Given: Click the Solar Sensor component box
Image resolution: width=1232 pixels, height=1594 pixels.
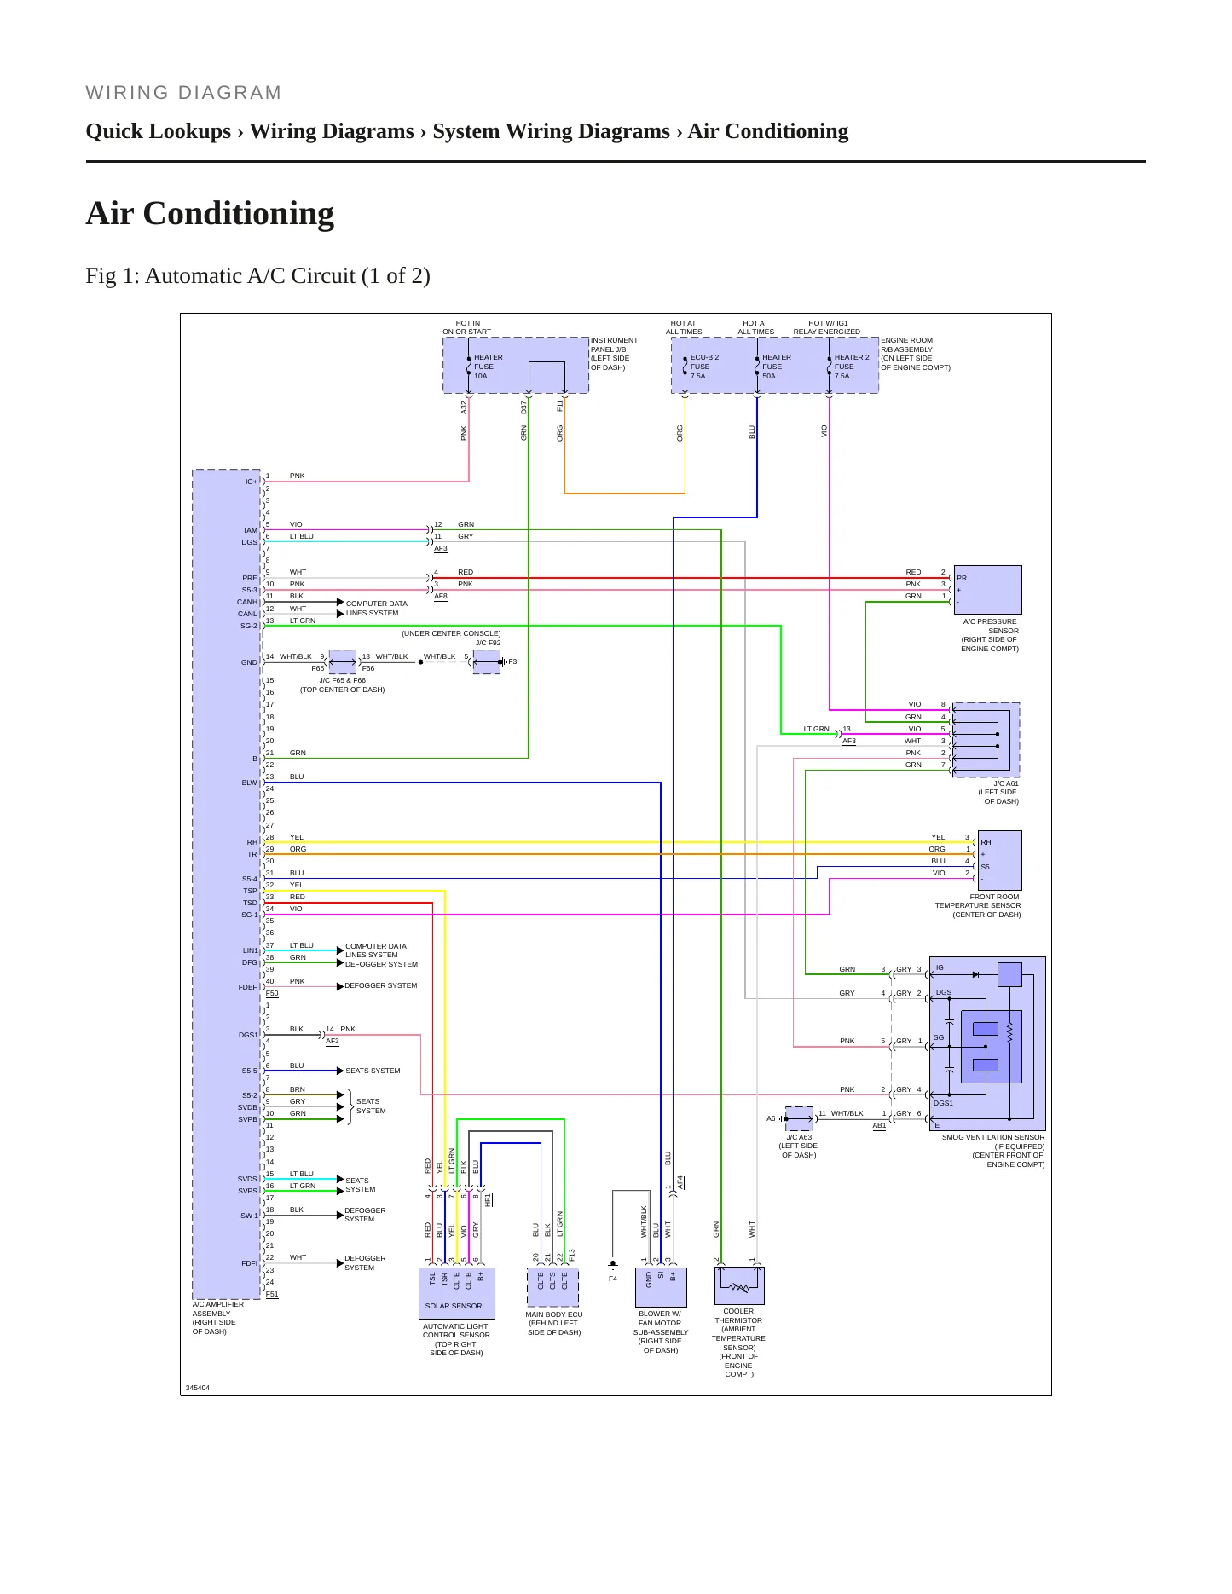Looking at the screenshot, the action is coord(457,1293).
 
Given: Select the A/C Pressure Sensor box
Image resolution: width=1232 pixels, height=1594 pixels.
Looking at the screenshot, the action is coord(987,590).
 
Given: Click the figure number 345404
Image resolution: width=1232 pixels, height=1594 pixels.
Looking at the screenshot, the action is coord(198,1388).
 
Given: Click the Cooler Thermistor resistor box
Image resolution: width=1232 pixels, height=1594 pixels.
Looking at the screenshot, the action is coord(739,1285).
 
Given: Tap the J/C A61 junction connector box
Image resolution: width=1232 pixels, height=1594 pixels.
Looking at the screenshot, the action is coord(986,740).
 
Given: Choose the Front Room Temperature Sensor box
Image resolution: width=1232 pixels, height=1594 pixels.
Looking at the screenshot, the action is coord(999,860).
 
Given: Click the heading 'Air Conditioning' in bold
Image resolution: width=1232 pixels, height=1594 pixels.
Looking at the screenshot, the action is coord(210,213).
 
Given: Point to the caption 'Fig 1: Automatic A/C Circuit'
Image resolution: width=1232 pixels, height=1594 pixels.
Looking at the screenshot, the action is coord(257,276).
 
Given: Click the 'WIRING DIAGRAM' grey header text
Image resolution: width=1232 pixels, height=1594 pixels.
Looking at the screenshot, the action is coord(183,93).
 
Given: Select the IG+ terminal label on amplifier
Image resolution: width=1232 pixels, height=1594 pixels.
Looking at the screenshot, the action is coord(252,482).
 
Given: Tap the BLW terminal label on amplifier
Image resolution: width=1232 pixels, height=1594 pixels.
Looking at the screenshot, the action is coord(249,783).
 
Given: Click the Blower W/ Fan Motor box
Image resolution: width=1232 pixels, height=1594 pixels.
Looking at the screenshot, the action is coord(661,1287).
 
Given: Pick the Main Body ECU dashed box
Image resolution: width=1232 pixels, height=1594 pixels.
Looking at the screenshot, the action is coord(553,1287).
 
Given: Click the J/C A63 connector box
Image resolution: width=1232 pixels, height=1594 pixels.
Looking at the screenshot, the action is coord(799,1118).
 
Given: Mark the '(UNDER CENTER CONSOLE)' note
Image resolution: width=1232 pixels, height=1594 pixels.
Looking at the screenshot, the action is coord(451,633).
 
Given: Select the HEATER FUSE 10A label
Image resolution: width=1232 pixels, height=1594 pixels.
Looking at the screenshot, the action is coord(489,367).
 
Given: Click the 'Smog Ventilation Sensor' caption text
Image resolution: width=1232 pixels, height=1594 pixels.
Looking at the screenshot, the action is coord(993,1137).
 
